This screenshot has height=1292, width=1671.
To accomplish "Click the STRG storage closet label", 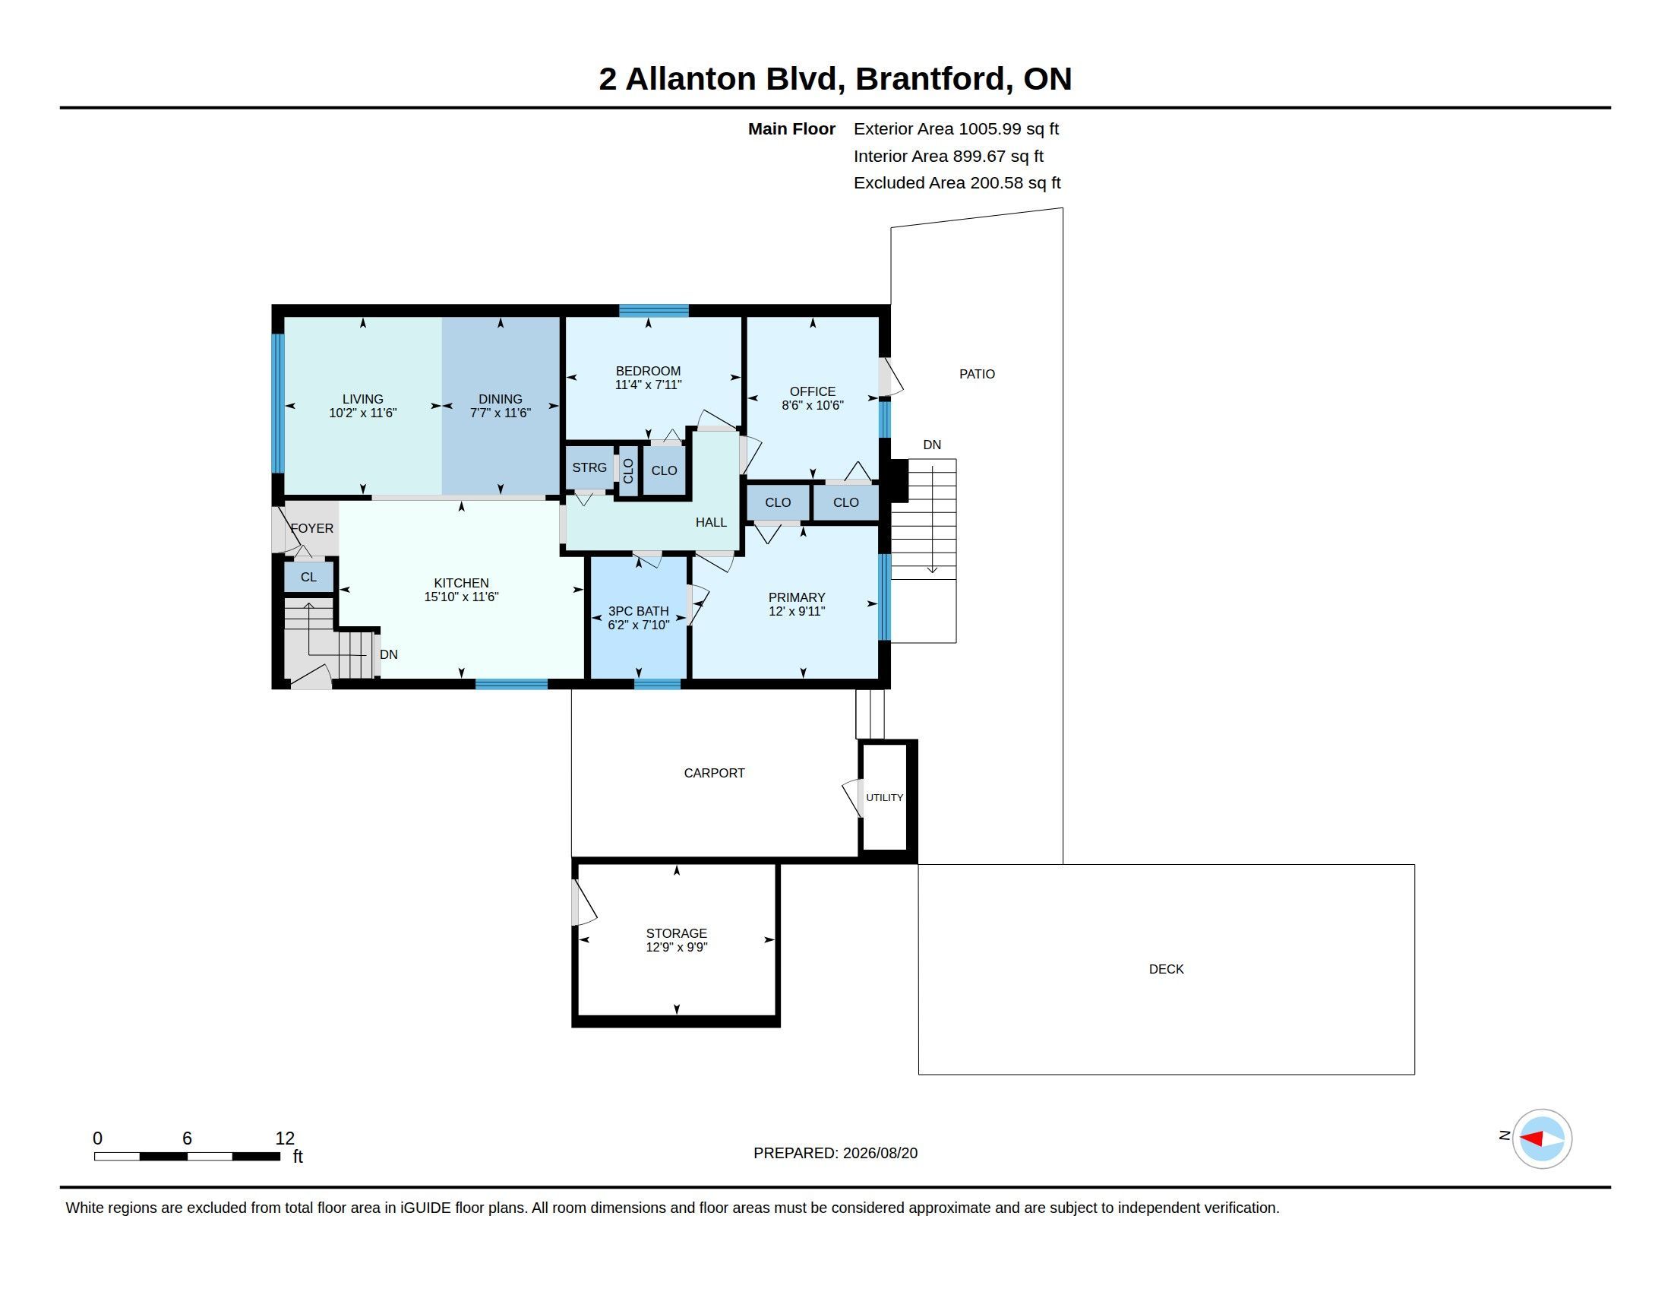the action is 589,467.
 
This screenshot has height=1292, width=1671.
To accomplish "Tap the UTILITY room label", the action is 884,797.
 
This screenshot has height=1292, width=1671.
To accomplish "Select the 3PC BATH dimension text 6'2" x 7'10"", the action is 638,625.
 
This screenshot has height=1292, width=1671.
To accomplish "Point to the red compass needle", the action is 1531,1139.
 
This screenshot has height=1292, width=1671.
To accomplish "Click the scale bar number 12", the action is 285,1138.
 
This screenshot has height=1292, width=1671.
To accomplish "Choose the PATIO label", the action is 977,374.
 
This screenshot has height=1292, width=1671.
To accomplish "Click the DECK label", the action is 1166,969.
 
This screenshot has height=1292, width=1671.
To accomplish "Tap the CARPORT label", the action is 714,773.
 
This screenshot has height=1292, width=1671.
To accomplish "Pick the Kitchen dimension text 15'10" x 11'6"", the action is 461,597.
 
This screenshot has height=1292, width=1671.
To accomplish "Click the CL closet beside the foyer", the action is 308,577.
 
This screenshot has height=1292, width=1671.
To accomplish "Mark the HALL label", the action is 711,523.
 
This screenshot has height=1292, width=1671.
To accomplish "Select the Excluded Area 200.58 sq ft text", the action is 957,183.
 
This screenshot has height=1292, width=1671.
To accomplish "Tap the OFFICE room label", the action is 813,392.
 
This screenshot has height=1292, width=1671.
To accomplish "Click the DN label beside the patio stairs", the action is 932,445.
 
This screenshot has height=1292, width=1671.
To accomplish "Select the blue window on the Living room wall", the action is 279,404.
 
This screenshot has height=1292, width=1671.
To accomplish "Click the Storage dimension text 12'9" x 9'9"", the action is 676,948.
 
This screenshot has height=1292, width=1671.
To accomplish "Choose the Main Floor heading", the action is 792,129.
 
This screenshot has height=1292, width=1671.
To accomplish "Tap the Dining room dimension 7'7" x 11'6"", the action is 501,413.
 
